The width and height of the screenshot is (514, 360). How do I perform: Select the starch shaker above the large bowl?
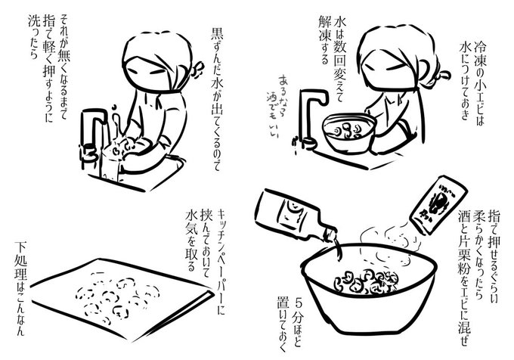[x=438, y=205]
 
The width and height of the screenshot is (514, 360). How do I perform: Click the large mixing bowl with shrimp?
[x=370, y=288]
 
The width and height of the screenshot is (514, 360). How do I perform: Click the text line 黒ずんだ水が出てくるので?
[x=217, y=99]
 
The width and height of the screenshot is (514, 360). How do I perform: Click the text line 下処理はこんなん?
[x=20, y=288]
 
